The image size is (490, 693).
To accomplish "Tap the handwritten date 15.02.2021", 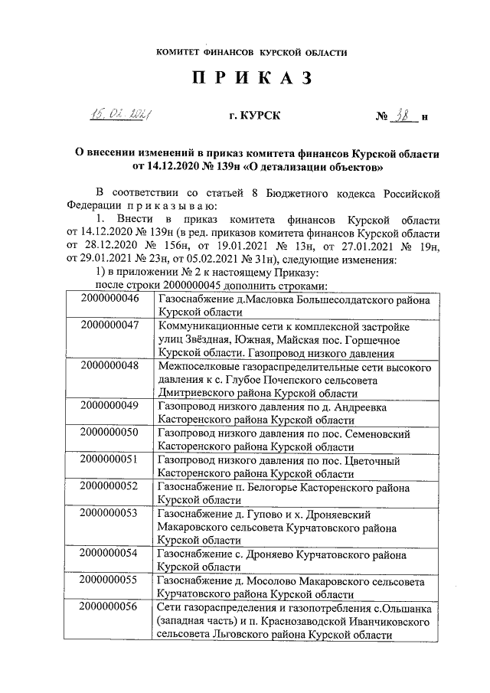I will [119, 116].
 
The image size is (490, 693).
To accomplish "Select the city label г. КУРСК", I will [255, 116].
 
